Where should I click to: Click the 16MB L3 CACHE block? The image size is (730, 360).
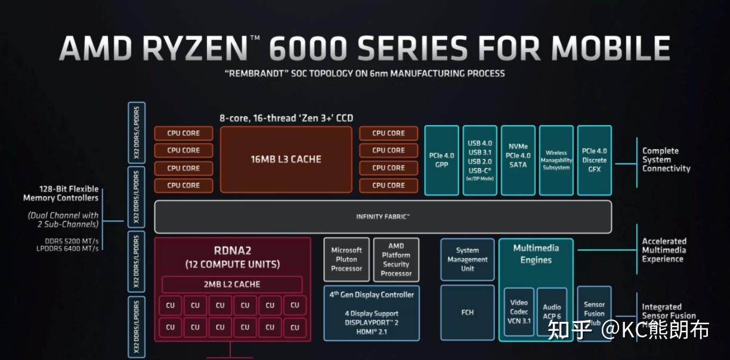pos(286,159)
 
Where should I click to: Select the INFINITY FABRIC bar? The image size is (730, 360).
pos(383,216)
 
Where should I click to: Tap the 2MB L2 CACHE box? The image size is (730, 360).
pos(232,284)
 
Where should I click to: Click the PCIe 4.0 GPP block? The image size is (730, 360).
pos(441,160)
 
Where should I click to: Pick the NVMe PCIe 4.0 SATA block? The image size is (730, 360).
pos(518,160)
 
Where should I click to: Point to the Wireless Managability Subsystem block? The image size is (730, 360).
pos(556,160)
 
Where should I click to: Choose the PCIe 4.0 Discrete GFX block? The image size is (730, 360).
pos(594,160)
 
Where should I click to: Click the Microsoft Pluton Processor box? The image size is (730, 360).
pos(347,259)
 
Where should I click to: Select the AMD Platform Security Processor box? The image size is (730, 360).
pos(396,259)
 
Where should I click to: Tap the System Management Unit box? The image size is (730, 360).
pos(468,259)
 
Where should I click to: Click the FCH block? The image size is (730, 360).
pos(468,312)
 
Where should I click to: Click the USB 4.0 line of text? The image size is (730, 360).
pos(480,144)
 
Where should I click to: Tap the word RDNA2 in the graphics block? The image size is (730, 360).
pos(232,250)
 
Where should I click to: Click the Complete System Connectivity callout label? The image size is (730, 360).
pos(666,160)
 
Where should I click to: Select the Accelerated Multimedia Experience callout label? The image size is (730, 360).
pos(664,250)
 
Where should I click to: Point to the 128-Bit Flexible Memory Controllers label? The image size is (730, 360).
pos(61,193)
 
